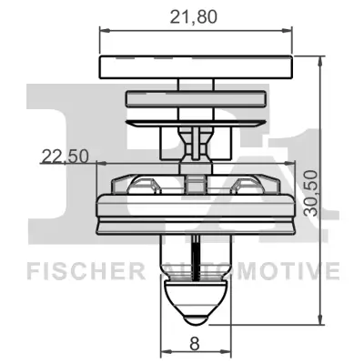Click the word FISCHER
(x=84, y=270)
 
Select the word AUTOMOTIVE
(x=251, y=270)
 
